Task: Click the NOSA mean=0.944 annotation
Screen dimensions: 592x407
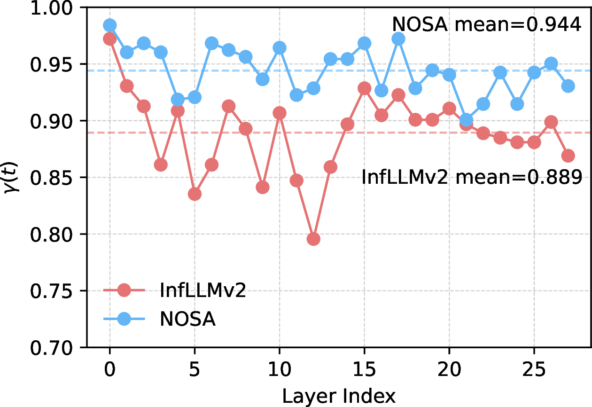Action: click(x=487, y=24)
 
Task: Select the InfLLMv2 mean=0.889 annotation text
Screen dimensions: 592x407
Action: click(x=472, y=177)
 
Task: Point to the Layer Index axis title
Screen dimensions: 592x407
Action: click(x=339, y=396)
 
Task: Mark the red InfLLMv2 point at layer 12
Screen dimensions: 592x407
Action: click(x=313, y=239)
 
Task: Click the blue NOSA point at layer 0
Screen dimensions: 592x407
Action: click(x=109, y=25)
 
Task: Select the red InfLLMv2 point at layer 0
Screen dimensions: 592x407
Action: click(x=109, y=39)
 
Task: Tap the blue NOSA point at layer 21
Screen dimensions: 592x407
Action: click(x=466, y=120)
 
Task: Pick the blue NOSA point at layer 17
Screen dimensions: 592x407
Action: click(x=398, y=39)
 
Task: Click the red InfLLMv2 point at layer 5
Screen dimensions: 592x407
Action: click(x=195, y=194)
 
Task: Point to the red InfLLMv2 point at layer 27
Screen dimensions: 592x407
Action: click(x=568, y=156)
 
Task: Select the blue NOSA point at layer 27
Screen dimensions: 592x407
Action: click(x=568, y=86)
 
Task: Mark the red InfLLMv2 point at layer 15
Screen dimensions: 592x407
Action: click(x=365, y=88)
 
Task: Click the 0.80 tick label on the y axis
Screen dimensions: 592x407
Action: click(x=51, y=235)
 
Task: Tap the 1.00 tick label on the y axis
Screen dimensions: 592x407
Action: click(x=51, y=8)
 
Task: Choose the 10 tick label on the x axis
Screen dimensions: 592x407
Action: click(x=280, y=369)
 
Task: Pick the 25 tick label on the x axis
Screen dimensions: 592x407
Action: click(x=534, y=369)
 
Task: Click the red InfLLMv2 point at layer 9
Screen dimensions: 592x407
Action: click(x=263, y=187)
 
